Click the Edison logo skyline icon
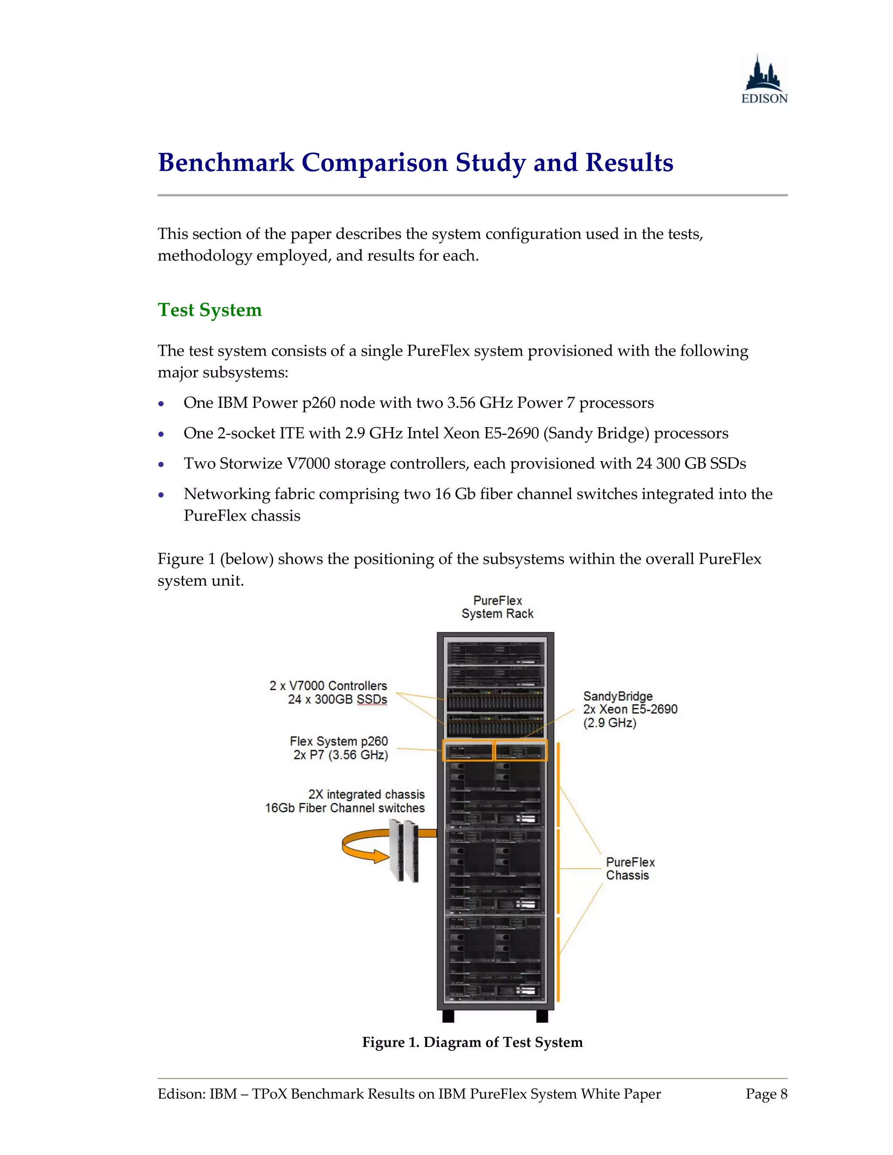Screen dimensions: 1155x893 763,74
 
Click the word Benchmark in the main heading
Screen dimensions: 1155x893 226,163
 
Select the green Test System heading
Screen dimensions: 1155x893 209,310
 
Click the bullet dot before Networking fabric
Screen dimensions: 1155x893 161,495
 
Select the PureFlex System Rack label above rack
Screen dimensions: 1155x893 497,607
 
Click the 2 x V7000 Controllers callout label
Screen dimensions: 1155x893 328,686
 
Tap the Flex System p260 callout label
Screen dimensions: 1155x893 338,741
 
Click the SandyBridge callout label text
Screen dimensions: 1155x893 618,696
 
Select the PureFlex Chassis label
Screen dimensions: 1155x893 630,868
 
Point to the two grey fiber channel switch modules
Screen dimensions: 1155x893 404,850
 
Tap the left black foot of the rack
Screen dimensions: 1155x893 448,1016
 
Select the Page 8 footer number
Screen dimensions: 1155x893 766,1094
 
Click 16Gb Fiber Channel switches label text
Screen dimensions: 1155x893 344,808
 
